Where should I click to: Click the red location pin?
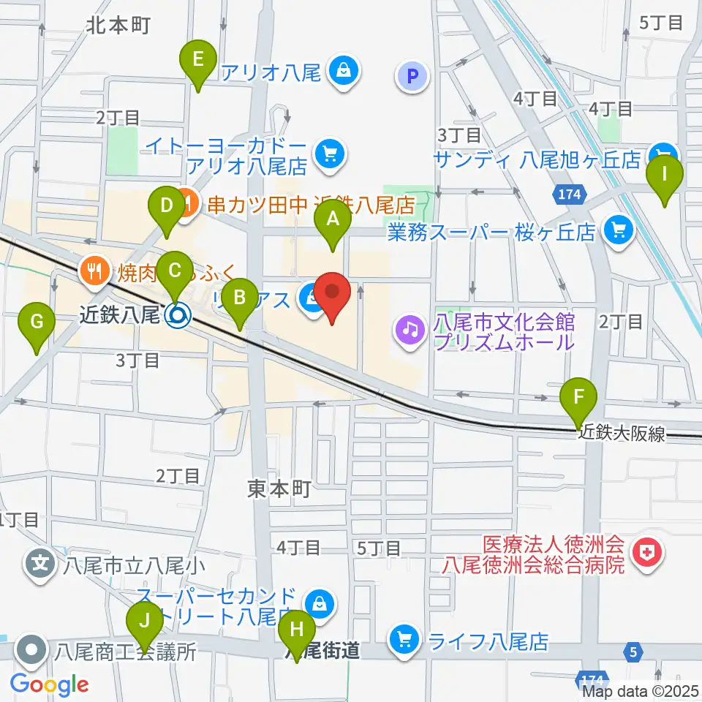[333, 295]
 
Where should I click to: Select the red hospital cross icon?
[646, 554]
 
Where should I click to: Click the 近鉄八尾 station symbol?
[176, 315]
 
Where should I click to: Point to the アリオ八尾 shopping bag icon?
[342, 72]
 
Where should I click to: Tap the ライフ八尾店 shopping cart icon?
[404, 641]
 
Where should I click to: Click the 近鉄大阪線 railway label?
[622, 434]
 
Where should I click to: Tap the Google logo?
[49, 684]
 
